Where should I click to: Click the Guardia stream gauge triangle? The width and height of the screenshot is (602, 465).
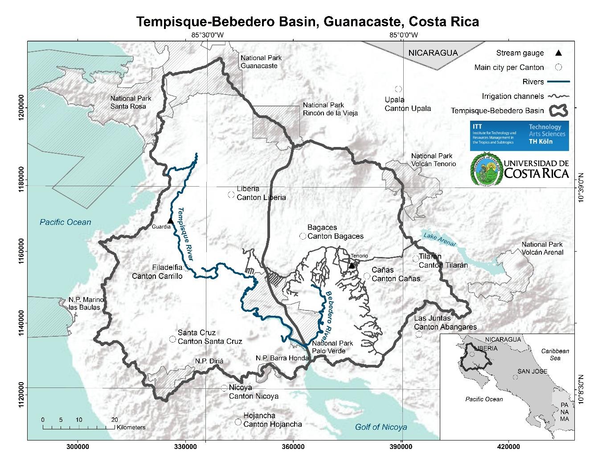[x=170, y=221]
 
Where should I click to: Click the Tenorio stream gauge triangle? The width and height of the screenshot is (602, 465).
[x=352, y=265]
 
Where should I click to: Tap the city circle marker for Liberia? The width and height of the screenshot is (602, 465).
[x=231, y=194]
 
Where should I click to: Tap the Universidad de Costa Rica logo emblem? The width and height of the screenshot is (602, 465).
[x=486, y=168]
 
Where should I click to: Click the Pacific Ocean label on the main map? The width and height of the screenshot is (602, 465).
[x=65, y=222]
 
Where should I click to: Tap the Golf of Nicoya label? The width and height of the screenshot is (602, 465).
[x=381, y=427]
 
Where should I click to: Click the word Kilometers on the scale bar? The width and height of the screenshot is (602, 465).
[x=131, y=427]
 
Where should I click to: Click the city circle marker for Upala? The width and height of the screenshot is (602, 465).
[x=398, y=89]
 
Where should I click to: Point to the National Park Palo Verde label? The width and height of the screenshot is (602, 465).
[x=332, y=347]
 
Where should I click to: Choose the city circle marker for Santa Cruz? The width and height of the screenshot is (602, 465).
[x=172, y=339]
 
